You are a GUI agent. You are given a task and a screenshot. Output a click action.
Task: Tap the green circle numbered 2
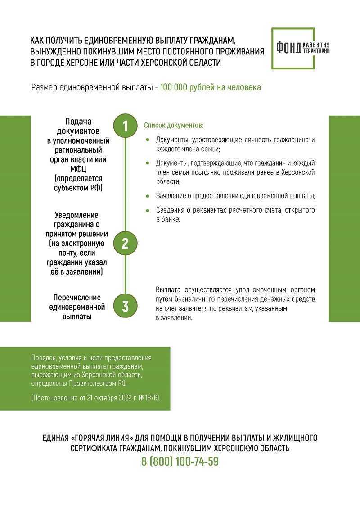click(126, 244)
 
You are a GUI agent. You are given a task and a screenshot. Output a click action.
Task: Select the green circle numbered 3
click(126, 307)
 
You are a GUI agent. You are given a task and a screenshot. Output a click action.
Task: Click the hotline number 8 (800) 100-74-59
click(180, 461)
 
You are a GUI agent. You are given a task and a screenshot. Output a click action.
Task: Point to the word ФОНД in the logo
click(288, 48)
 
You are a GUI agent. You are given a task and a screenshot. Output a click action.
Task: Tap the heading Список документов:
click(174, 125)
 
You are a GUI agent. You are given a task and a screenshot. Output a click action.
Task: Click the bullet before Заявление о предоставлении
click(148, 196)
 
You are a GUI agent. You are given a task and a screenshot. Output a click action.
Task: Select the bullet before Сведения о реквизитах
click(148, 210)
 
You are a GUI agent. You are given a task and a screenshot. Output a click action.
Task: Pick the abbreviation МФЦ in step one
click(78, 169)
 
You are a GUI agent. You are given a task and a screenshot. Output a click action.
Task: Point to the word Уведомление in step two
click(76, 215)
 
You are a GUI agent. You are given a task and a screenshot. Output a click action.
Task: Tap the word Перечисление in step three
click(77, 298)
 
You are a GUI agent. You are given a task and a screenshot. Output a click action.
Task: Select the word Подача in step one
click(78, 122)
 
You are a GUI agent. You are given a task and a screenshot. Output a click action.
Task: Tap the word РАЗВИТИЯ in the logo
click(316, 45)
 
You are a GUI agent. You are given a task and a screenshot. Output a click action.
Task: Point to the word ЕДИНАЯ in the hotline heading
click(55, 438)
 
